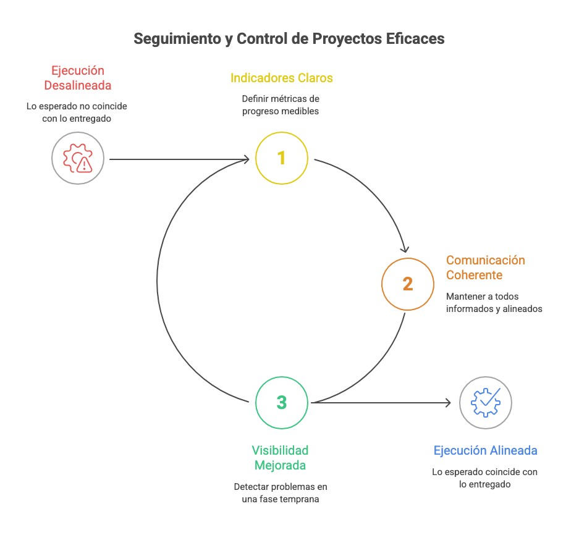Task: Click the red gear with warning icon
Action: point(77,158)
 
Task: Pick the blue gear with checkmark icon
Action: point(486,402)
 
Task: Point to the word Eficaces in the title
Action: point(415,39)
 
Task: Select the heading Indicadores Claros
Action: point(281,78)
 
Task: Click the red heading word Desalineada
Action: point(77,85)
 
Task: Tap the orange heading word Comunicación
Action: point(486,260)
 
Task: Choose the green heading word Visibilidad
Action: point(280,450)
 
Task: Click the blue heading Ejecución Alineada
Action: point(485,450)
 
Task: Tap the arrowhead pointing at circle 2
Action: point(405,249)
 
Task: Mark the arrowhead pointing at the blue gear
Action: point(447,402)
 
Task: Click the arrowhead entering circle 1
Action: point(246,159)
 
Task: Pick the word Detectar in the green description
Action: point(249,487)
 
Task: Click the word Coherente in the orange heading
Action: point(474,275)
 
